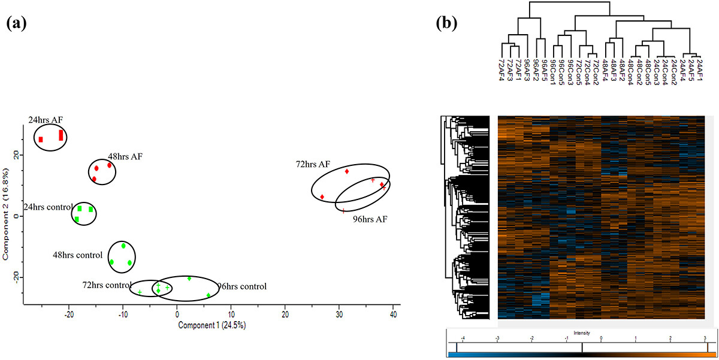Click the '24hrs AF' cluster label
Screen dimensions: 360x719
45,120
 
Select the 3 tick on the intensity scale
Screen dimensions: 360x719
705,338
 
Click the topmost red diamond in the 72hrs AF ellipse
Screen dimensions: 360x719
347,172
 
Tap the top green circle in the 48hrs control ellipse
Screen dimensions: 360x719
123,246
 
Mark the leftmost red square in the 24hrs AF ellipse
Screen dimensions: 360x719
41,140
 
